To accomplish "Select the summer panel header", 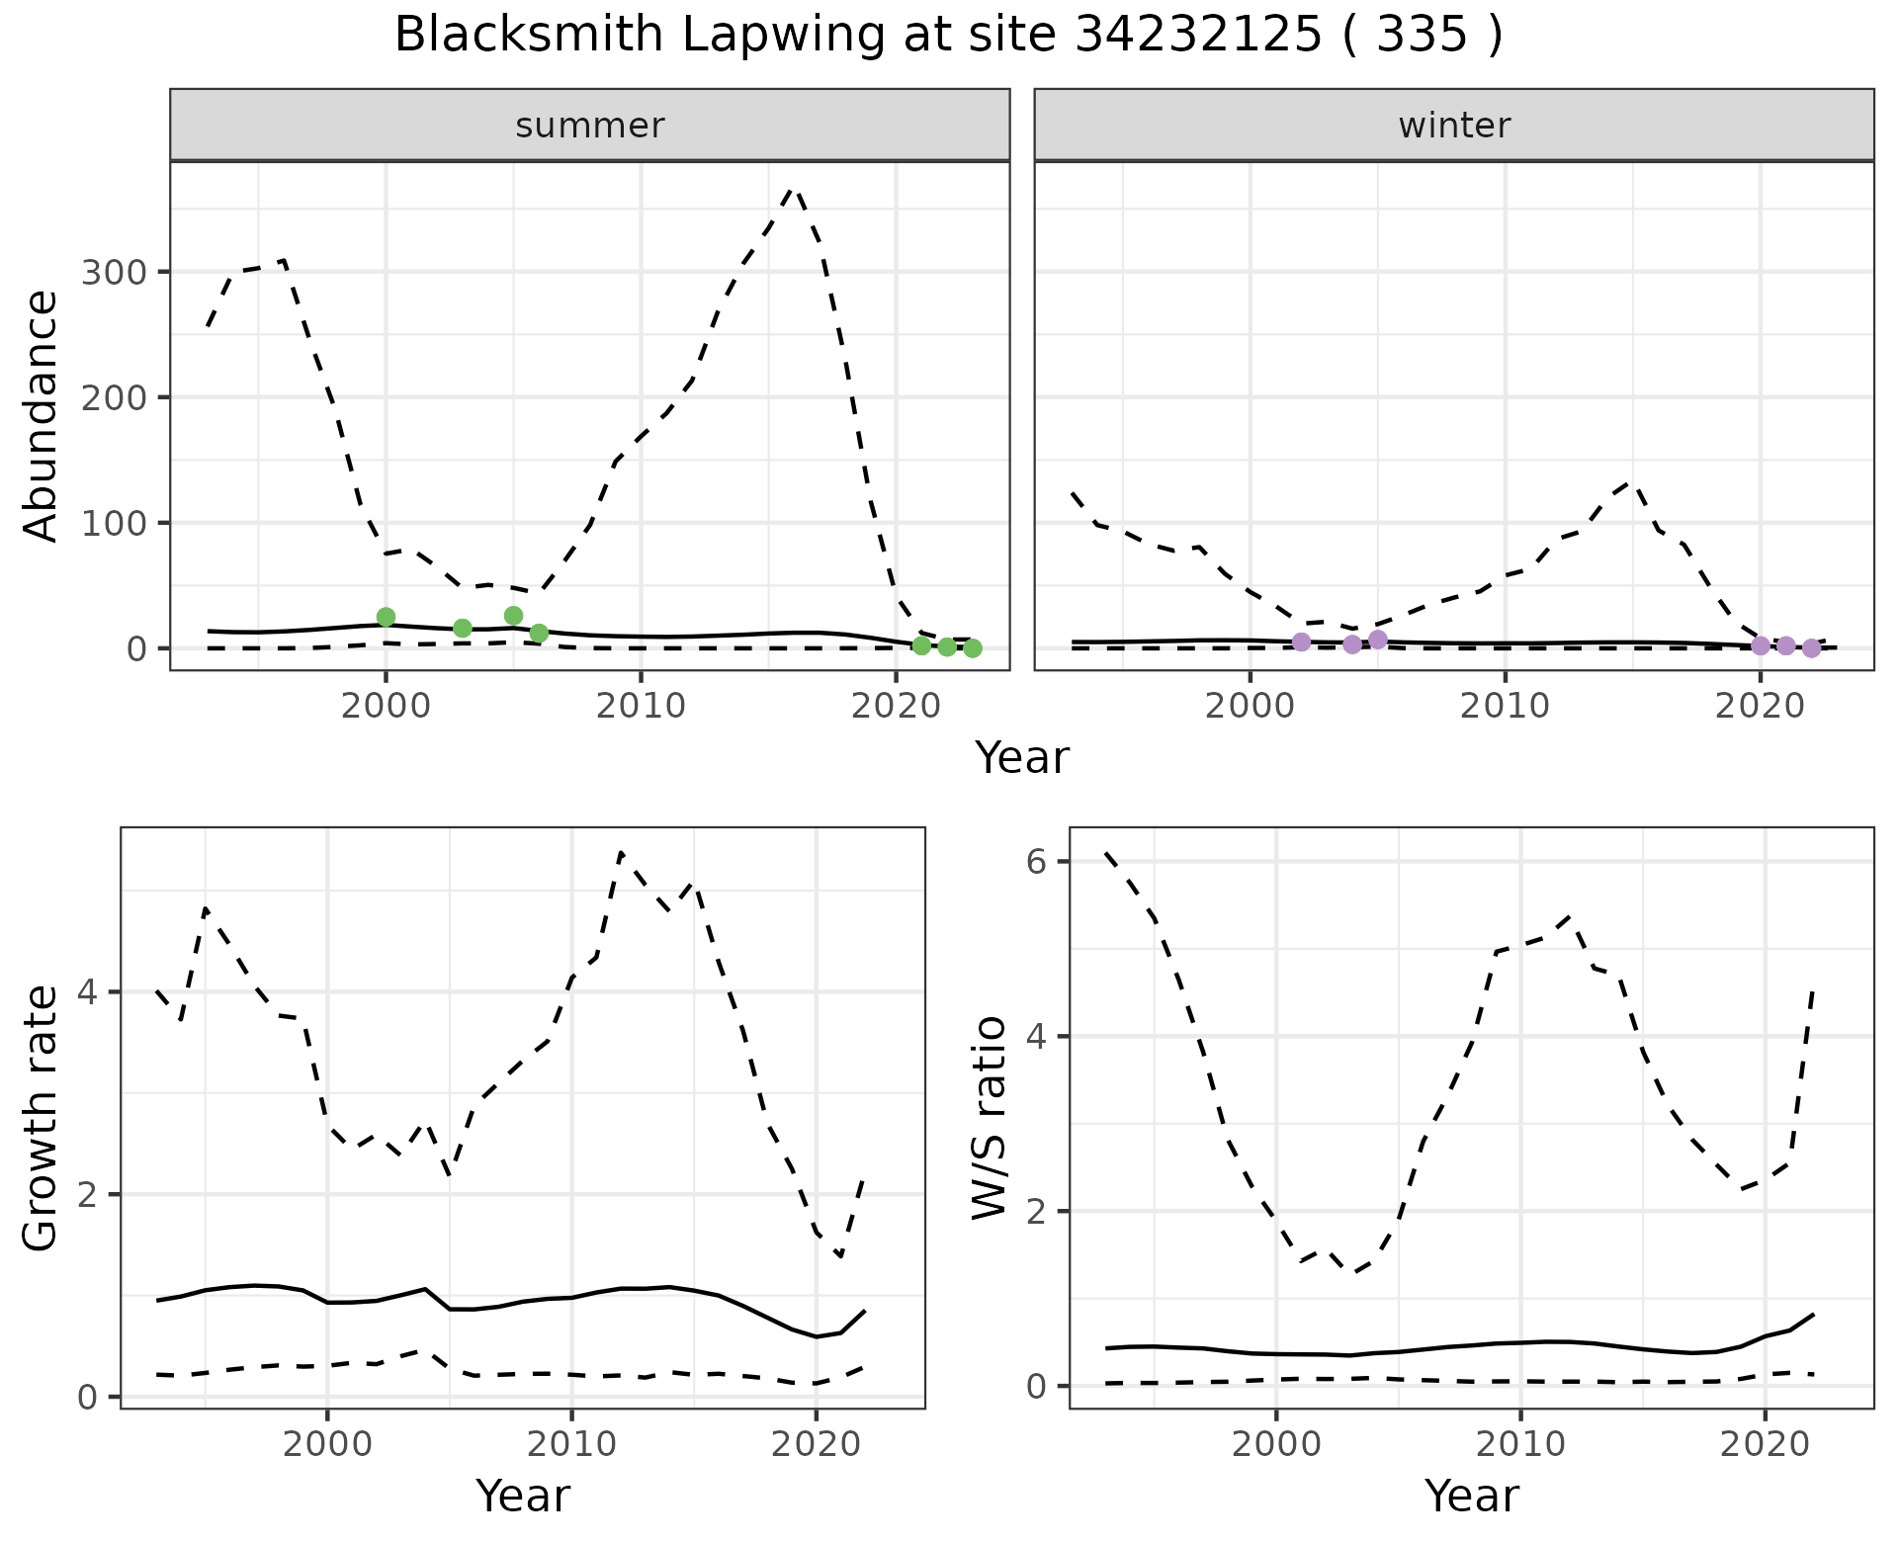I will point(590,126).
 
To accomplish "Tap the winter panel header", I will point(1454,126).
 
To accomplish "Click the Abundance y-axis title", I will point(42,416).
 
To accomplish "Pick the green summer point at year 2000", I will point(387,617).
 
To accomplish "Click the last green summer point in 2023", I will point(973,648).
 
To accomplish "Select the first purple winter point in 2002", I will point(1301,642).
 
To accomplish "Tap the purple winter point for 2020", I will point(1761,645).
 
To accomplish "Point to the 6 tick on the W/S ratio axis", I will point(1035,861).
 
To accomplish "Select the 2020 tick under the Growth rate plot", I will point(816,1444).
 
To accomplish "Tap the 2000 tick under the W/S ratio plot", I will point(1276,1444).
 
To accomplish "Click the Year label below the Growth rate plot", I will point(523,1496).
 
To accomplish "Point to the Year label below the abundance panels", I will point(1022,758).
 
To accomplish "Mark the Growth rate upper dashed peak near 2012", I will point(621,852).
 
